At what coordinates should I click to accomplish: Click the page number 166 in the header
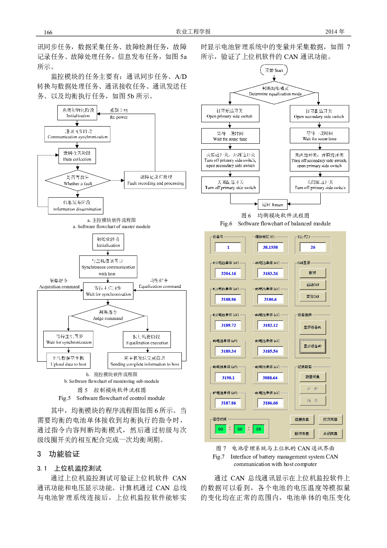tap(48, 32)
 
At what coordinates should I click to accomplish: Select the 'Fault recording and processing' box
tap(155, 180)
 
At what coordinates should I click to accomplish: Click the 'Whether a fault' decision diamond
tap(78, 180)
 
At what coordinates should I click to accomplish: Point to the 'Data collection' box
tap(77, 156)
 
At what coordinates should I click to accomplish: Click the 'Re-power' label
tap(119, 117)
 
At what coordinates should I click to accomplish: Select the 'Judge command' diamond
tap(108, 316)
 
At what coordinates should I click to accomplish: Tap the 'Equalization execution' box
tap(147, 339)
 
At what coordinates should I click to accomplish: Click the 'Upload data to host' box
tap(68, 361)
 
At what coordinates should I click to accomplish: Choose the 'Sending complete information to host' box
tap(144, 361)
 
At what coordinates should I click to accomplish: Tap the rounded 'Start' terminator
tap(274, 70)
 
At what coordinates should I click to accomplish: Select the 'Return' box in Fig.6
tap(273, 204)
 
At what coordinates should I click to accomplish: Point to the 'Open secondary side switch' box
tap(319, 114)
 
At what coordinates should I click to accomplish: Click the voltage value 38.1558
tap(270, 247)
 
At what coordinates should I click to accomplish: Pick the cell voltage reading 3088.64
tap(270, 378)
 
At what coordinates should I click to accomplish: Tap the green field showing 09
tap(258, 429)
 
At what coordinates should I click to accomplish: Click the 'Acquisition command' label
tap(59, 287)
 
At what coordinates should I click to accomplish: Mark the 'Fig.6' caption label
tap(226, 223)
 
